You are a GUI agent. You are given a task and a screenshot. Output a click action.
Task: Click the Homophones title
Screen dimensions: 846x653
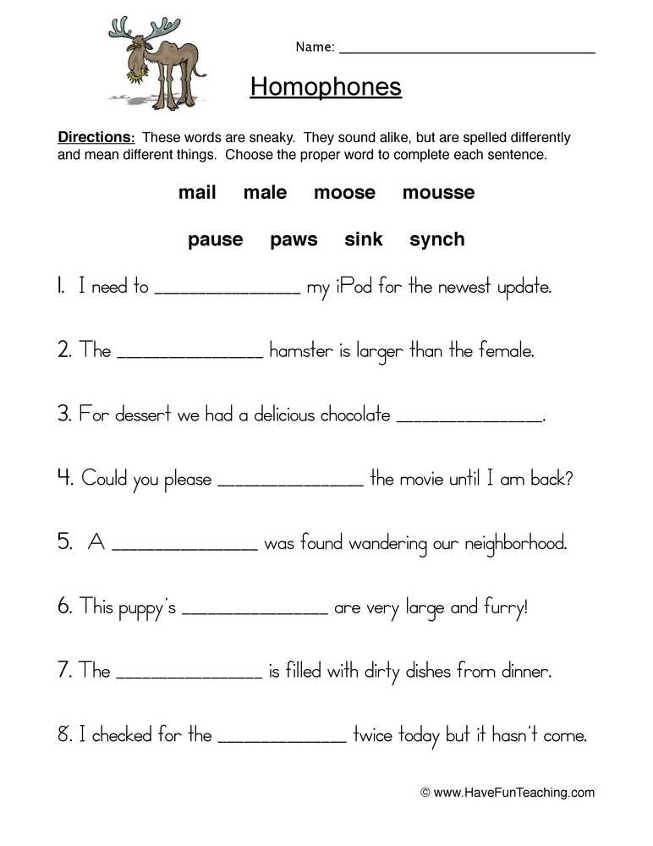coord(326,86)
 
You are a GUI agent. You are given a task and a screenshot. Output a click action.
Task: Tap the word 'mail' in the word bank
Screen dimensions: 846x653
coord(197,193)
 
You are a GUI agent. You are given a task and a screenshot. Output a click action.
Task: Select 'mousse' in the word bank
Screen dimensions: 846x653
coord(438,193)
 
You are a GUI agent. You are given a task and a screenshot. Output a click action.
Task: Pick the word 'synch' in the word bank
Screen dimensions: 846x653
coord(436,239)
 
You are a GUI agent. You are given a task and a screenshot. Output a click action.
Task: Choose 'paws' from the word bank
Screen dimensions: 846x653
coord(294,239)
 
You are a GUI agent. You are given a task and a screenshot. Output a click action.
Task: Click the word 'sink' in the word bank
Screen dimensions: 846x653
coord(364,239)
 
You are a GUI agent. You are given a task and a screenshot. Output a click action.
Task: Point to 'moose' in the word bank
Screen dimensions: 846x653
coord(344,193)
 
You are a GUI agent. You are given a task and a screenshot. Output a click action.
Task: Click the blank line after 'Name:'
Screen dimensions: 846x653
coord(467,51)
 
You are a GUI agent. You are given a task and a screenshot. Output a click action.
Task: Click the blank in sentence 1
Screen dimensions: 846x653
coord(228,291)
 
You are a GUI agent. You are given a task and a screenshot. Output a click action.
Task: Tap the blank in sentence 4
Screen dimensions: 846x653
coord(291,483)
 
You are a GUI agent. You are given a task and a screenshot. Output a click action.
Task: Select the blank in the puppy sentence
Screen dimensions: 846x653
coord(255,611)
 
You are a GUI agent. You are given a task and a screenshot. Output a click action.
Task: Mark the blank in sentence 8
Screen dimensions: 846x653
coord(283,740)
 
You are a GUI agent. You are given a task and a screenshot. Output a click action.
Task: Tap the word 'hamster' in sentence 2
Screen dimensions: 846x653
coord(301,350)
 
